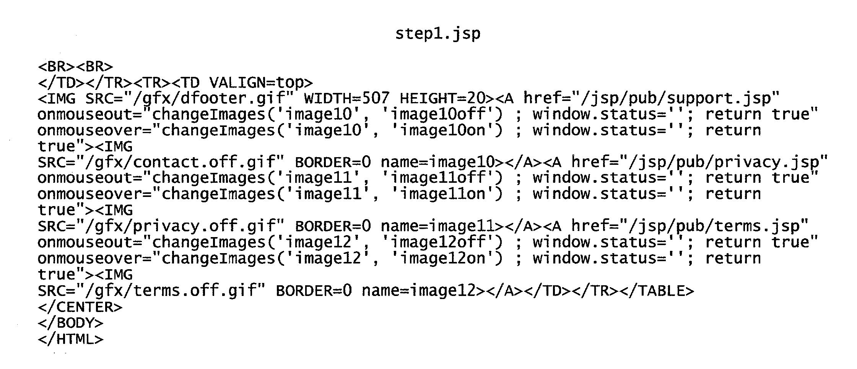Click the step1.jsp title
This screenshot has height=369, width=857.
coord(437,34)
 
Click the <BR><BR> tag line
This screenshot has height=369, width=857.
coord(75,67)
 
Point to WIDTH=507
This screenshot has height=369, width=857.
coord(346,99)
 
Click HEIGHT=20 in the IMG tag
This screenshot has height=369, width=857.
coord(442,99)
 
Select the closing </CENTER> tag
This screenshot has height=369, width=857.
coord(80,307)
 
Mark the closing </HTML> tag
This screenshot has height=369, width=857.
coord(71,339)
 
